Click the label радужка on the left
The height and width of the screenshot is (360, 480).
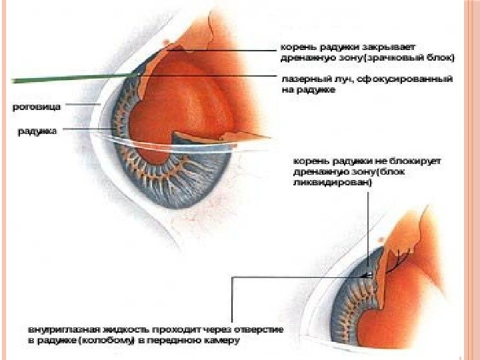pyautogui.click(x=37, y=131)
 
